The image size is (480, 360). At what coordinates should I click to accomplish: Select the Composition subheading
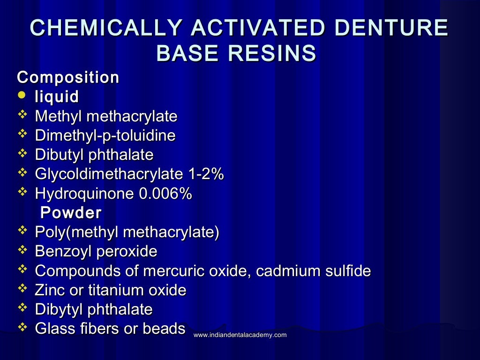pos(68,77)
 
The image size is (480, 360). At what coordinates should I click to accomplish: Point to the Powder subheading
pos(71,213)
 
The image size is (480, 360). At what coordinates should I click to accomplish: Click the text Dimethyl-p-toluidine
pos(105,136)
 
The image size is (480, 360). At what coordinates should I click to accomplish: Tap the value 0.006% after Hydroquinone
pos(166,194)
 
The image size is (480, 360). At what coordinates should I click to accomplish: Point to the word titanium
pos(120,290)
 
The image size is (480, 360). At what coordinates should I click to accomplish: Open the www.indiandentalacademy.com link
pos(240,335)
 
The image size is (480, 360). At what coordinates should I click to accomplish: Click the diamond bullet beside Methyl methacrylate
pos(22,115)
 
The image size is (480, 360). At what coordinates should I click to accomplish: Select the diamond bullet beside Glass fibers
pos(22,327)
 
